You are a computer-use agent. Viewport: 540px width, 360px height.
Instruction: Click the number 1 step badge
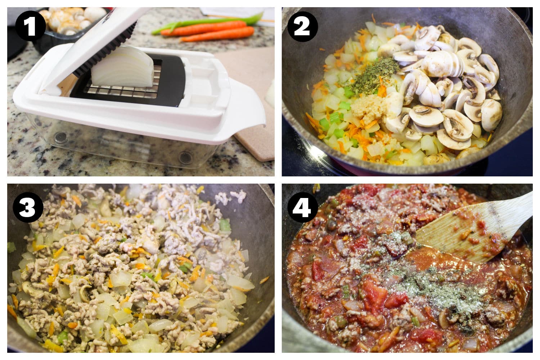click(x=31, y=26)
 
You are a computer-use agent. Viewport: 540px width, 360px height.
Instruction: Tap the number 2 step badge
click(x=302, y=27)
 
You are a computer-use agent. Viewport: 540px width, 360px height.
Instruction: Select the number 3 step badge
click(x=28, y=207)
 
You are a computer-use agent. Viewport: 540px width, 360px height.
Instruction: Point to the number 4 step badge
click(x=303, y=207)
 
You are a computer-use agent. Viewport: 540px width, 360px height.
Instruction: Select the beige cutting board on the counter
click(x=253, y=104)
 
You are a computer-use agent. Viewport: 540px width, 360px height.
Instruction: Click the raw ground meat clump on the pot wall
click(x=230, y=196)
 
